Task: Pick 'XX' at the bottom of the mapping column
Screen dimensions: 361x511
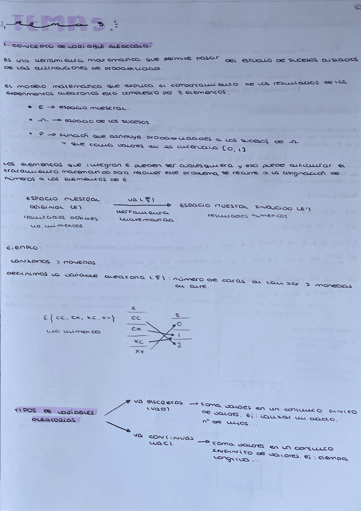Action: point(139,350)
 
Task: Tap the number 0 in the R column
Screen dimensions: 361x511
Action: point(179,324)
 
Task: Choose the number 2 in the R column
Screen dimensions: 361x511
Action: point(179,345)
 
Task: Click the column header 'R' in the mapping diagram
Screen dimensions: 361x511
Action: point(177,315)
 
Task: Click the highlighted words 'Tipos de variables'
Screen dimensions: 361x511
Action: point(54,412)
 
